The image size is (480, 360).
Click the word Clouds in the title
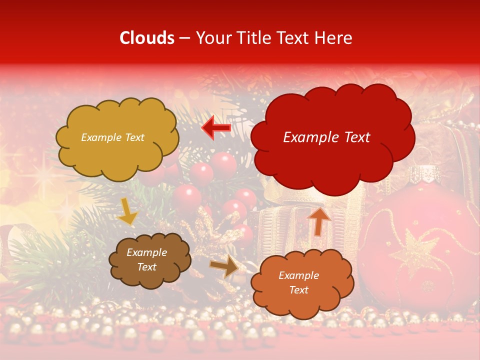147,38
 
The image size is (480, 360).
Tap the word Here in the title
334,38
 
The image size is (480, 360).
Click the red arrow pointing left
216,127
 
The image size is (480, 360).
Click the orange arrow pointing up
318,220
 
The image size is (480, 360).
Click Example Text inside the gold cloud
112,137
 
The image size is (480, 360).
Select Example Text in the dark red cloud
326,137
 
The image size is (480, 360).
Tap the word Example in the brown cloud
146,252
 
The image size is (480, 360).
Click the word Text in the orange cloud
298,290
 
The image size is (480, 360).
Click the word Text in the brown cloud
146,267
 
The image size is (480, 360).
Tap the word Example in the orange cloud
298,275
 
